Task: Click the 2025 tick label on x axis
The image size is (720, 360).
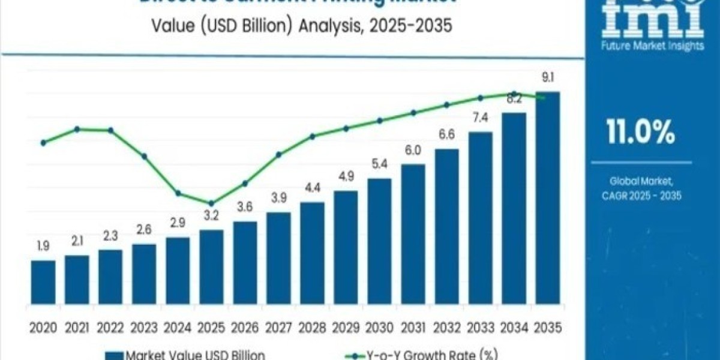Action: point(211,328)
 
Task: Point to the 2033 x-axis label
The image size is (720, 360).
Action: point(480,328)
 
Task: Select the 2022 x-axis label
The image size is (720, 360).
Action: point(110,328)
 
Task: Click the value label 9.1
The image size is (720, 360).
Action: point(548,77)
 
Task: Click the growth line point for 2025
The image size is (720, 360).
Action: point(211,203)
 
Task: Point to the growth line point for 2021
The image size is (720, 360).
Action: point(77,129)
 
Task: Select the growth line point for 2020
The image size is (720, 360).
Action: point(43,143)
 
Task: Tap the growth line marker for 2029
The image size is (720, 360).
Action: point(346,128)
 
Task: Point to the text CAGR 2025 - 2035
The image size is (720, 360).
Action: point(641,195)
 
